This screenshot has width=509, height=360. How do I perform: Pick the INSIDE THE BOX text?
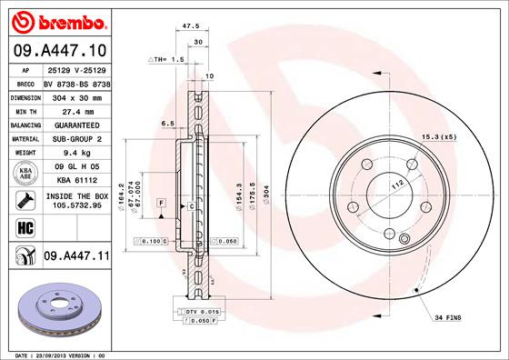point(76,195)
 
